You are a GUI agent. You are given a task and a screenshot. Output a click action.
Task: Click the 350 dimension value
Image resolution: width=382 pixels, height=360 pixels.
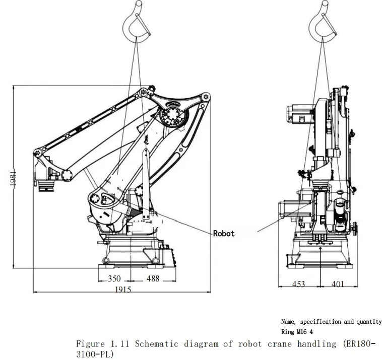coord(114,278)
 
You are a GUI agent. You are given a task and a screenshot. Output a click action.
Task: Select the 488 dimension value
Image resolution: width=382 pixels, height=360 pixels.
coord(153,278)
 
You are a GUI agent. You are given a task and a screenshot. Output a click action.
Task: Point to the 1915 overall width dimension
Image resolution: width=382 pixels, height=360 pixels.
coord(123,290)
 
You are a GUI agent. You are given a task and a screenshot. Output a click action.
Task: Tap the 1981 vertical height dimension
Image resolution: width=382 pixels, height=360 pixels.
coord(13,178)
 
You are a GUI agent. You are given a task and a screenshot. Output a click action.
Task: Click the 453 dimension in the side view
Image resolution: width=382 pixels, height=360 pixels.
coord(298,284)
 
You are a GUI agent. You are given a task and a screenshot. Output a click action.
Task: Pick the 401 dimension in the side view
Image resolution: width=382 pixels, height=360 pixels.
coord(338,284)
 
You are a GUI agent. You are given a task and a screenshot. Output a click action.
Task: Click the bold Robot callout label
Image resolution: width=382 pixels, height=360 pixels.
coord(224,234)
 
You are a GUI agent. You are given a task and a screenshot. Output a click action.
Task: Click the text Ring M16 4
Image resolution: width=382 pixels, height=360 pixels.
coord(297,332)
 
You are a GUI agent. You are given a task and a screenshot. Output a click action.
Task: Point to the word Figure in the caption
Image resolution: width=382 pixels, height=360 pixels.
coord(90,344)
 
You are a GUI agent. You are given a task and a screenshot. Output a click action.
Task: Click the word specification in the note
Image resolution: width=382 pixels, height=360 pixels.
coord(321,322)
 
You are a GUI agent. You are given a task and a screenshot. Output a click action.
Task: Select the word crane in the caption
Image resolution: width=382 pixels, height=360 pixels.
coord(279,344)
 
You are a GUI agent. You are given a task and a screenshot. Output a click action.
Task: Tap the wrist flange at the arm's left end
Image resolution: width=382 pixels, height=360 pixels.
coord(46,187)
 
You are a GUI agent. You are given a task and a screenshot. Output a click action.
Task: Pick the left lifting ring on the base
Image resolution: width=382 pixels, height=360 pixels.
coord(106,261)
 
